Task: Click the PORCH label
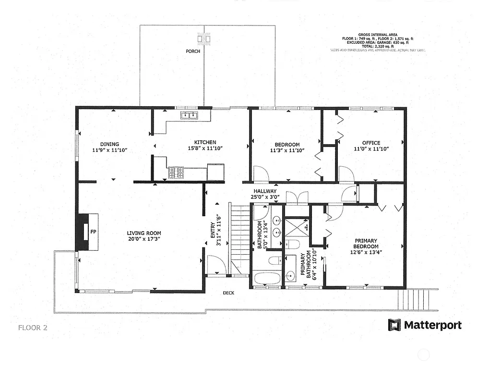193,51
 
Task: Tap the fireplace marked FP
87,232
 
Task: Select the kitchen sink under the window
190,115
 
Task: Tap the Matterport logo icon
394,325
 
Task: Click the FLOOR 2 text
33,328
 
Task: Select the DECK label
228,293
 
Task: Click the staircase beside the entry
239,238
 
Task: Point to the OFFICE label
371,143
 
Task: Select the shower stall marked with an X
296,227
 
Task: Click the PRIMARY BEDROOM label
366,244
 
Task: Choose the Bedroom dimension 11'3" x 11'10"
287,150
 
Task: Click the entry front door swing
215,264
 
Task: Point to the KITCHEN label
205,143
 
